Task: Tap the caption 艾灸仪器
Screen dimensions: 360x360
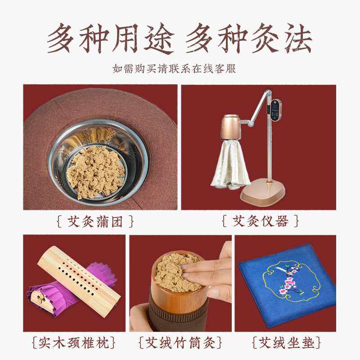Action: pos(261,221)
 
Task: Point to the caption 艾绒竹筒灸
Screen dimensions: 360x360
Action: pos(180,343)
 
